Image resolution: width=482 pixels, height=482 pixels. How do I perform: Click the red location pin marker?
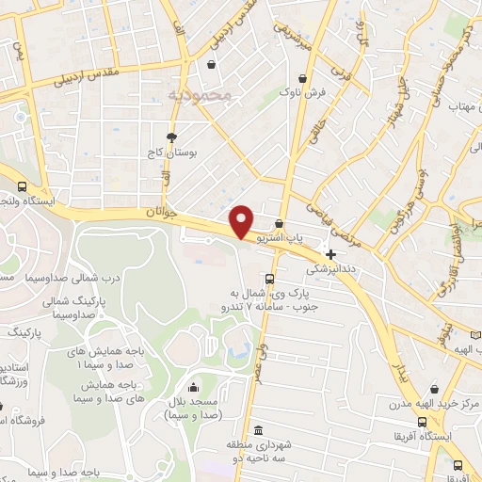point(243,220)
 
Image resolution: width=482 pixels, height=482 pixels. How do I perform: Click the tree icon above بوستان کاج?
point(170,137)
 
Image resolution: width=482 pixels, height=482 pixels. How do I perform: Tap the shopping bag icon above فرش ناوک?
point(301,78)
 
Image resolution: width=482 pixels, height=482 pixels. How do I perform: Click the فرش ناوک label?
point(301,93)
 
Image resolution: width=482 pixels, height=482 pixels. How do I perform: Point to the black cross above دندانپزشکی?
point(330,254)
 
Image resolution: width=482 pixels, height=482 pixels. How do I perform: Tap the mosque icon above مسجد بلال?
point(193,387)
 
